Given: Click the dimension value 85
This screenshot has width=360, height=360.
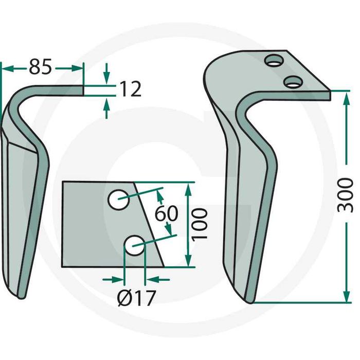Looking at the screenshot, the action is pyautogui.click(x=40, y=67).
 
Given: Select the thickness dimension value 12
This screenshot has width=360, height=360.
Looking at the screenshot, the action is pyautogui.click(x=130, y=89).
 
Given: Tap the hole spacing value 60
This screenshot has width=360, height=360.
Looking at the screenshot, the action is pyautogui.click(x=166, y=213).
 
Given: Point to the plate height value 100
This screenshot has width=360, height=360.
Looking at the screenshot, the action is pyautogui.click(x=200, y=224).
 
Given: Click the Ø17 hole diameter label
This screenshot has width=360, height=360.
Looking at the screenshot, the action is pyautogui.click(x=137, y=298).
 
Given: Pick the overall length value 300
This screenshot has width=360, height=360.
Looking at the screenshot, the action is pyautogui.click(x=345, y=195).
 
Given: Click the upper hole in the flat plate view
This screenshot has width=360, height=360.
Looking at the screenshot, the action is pyautogui.click(x=118, y=200).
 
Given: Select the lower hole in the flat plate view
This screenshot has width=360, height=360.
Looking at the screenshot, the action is pyautogui.click(x=134, y=245).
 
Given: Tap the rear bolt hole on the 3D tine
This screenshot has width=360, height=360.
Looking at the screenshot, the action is pyautogui.click(x=274, y=61).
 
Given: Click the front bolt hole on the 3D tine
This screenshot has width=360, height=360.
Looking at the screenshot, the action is pyautogui.click(x=293, y=82).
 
